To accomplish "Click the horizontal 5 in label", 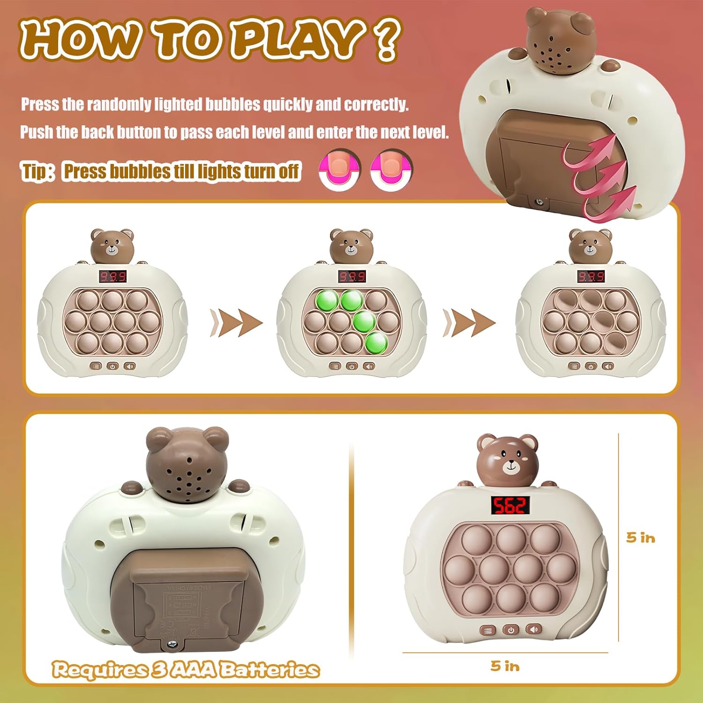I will [x=505, y=666].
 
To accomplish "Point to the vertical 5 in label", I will [x=641, y=538].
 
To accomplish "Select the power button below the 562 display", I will [x=511, y=630].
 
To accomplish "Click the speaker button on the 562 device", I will [x=533, y=629].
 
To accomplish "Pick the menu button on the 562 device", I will [x=488, y=630].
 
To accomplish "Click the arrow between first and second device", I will [x=237, y=322].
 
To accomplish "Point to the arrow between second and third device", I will [x=470, y=322].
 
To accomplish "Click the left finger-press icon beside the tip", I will [x=340, y=169].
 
